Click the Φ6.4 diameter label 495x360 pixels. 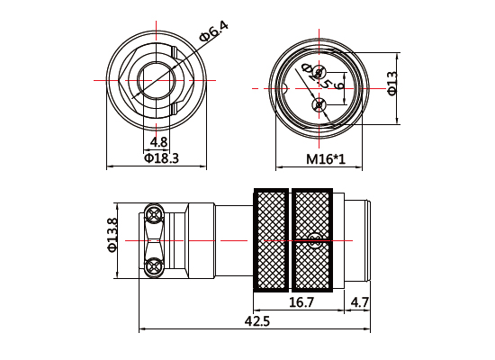click(213, 31)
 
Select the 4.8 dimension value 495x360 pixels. click(159, 142)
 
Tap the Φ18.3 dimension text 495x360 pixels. click(161, 158)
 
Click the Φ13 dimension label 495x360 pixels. click(392, 84)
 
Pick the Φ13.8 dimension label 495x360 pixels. click(112, 237)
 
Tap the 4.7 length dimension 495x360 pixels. click(359, 303)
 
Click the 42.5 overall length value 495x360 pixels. click(256, 322)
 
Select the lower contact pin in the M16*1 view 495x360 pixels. click(317, 106)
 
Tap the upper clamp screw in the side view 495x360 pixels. click(154, 214)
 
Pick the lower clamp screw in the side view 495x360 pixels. click(154, 265)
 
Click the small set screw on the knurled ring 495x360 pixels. click(315, 240)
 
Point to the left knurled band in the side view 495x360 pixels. click(270, 240)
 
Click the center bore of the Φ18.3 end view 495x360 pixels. click(159, 81)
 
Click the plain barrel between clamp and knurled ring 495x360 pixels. click(232, 240)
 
